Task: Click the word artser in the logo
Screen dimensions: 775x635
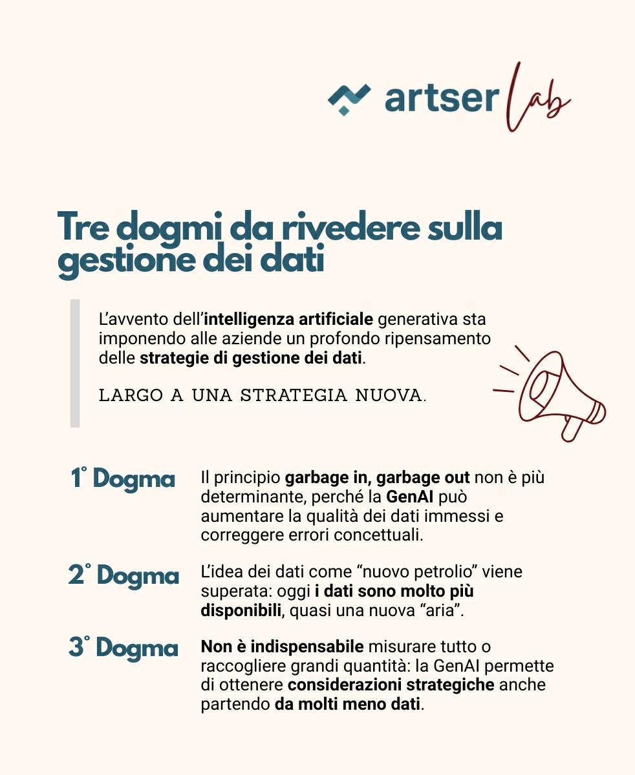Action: pyautogui.click(x=441, y=99)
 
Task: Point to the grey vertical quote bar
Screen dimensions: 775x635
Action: pyautogui.click(x=75, y=363)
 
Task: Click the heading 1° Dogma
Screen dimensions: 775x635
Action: pyautogui.click(x=122, y=479)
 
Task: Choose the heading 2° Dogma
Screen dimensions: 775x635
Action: pyautogui.click(x=124, y=575)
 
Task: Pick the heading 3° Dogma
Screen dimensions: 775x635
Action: pyautogui.click(x=123, y=648)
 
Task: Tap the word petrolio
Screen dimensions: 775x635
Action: pyautogui.click(x=440, y=572)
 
